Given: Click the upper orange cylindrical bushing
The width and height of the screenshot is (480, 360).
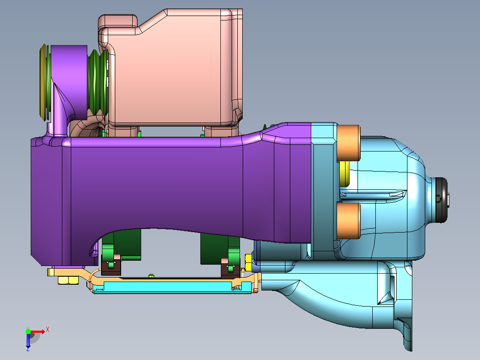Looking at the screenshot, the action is pos(348,143).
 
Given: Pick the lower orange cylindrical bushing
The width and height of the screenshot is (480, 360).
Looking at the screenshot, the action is pos(348,220).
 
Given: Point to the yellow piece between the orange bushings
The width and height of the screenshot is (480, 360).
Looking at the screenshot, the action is pos(344,174).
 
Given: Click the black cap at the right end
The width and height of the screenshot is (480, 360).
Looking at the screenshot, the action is pos(441,200).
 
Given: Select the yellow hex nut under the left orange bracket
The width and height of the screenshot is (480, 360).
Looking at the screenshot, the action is pos(68,280).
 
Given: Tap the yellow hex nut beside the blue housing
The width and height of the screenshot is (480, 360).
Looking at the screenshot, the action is pos(248,262).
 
